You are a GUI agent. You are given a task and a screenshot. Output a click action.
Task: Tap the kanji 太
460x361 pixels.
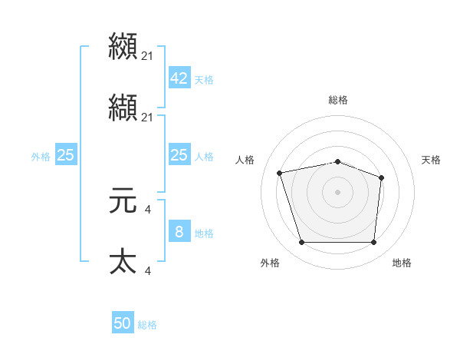coord(123,262)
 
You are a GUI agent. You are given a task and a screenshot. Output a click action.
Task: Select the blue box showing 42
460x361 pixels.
coord(179,78)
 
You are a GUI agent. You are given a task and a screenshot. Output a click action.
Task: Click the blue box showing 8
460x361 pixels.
coord(179,231)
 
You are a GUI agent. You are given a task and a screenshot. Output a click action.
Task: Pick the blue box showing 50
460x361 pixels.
coord(123,323)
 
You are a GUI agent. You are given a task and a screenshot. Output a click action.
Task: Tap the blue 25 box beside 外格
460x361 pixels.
coord(66,155)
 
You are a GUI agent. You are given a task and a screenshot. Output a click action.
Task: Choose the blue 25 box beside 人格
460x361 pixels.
coord(179,155)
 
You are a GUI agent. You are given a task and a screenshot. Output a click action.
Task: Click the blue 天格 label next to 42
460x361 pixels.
coord(204,80)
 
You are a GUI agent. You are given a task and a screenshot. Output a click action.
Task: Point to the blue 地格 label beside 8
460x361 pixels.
coord(204,233)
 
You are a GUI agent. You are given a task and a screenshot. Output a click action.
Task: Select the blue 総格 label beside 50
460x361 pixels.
coord(147,325)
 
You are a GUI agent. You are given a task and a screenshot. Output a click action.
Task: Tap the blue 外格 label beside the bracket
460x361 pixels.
coord(41,157)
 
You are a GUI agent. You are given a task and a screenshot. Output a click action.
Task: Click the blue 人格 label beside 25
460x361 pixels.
coord(204,157)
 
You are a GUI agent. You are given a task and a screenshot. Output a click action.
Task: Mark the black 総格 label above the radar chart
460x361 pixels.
coord(337,100)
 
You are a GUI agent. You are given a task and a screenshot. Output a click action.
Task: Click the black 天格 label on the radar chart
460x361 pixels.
coord(431,160)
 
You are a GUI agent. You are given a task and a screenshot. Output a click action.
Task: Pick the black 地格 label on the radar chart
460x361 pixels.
coord(402,263)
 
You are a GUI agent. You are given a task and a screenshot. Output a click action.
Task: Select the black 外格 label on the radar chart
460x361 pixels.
coord(270,263)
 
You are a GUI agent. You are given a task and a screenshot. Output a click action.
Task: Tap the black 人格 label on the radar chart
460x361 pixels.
coord(245,160)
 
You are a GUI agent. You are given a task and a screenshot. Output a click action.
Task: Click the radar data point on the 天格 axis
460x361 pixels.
coord(382,177)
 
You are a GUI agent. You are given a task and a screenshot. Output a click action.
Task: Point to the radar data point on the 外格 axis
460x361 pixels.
coord(301,243)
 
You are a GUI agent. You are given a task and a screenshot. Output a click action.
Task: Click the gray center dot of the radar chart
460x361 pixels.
coord(337,191)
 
